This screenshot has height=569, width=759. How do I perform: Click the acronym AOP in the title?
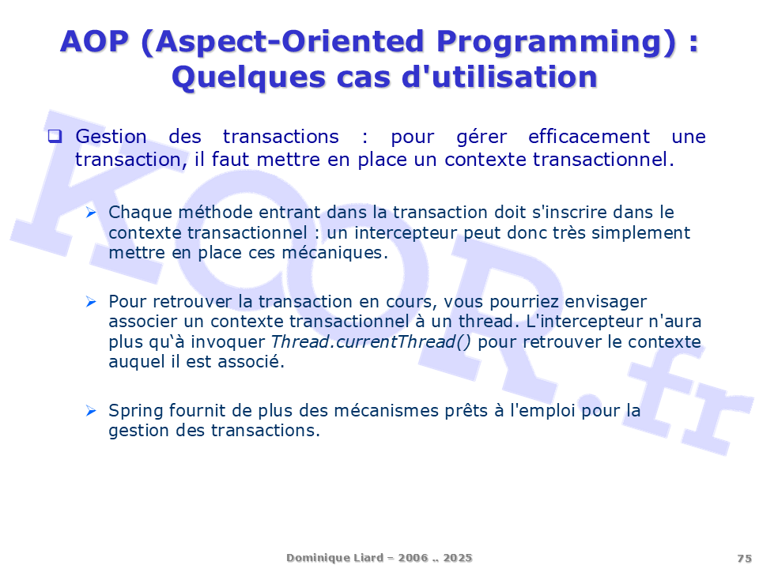click(94, 41)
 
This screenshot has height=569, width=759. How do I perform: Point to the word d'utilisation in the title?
click(500, 77)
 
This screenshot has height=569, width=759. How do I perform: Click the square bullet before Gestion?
click(55, 136)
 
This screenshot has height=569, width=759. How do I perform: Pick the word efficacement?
click(588, 137)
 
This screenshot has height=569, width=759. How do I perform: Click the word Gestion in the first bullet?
click(111, 137)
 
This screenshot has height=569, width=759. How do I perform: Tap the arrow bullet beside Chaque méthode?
click(91, 212)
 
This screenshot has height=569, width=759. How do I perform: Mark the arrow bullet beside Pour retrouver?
click(91, 301)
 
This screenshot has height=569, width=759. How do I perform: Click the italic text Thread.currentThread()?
click(370, 342)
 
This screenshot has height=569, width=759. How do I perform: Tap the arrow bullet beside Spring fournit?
click(91, 411)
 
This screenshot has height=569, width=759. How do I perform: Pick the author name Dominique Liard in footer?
click(334, 558)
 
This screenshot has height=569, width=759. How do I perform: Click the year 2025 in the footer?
click(458, 558)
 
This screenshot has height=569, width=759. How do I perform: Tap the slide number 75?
click(745, 559)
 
